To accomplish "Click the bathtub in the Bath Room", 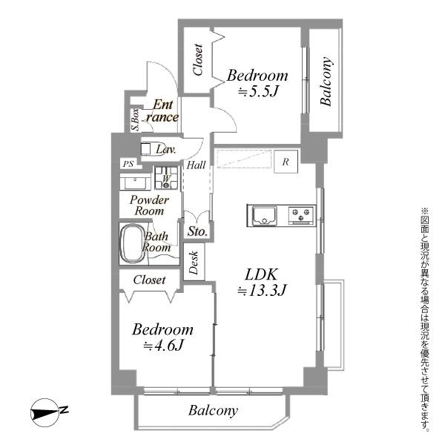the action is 133,243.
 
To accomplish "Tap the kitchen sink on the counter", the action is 265,215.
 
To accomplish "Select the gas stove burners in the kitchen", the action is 301,215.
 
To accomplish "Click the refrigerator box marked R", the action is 286,162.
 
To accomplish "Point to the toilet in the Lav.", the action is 151,148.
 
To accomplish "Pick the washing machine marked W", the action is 166,178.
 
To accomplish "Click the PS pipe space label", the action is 128,164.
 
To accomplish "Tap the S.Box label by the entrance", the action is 136,119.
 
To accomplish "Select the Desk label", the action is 194,263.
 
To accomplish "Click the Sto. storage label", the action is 197,231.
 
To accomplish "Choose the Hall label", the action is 196,165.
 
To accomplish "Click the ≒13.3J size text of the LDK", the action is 262,290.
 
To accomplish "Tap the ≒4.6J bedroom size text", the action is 163,346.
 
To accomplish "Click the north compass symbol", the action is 47,412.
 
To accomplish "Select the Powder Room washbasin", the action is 135,182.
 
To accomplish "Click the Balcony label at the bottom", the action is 213,411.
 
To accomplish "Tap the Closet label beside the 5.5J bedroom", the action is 198,59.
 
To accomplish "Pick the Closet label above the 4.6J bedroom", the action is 149,280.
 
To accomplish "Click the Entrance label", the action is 162,111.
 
